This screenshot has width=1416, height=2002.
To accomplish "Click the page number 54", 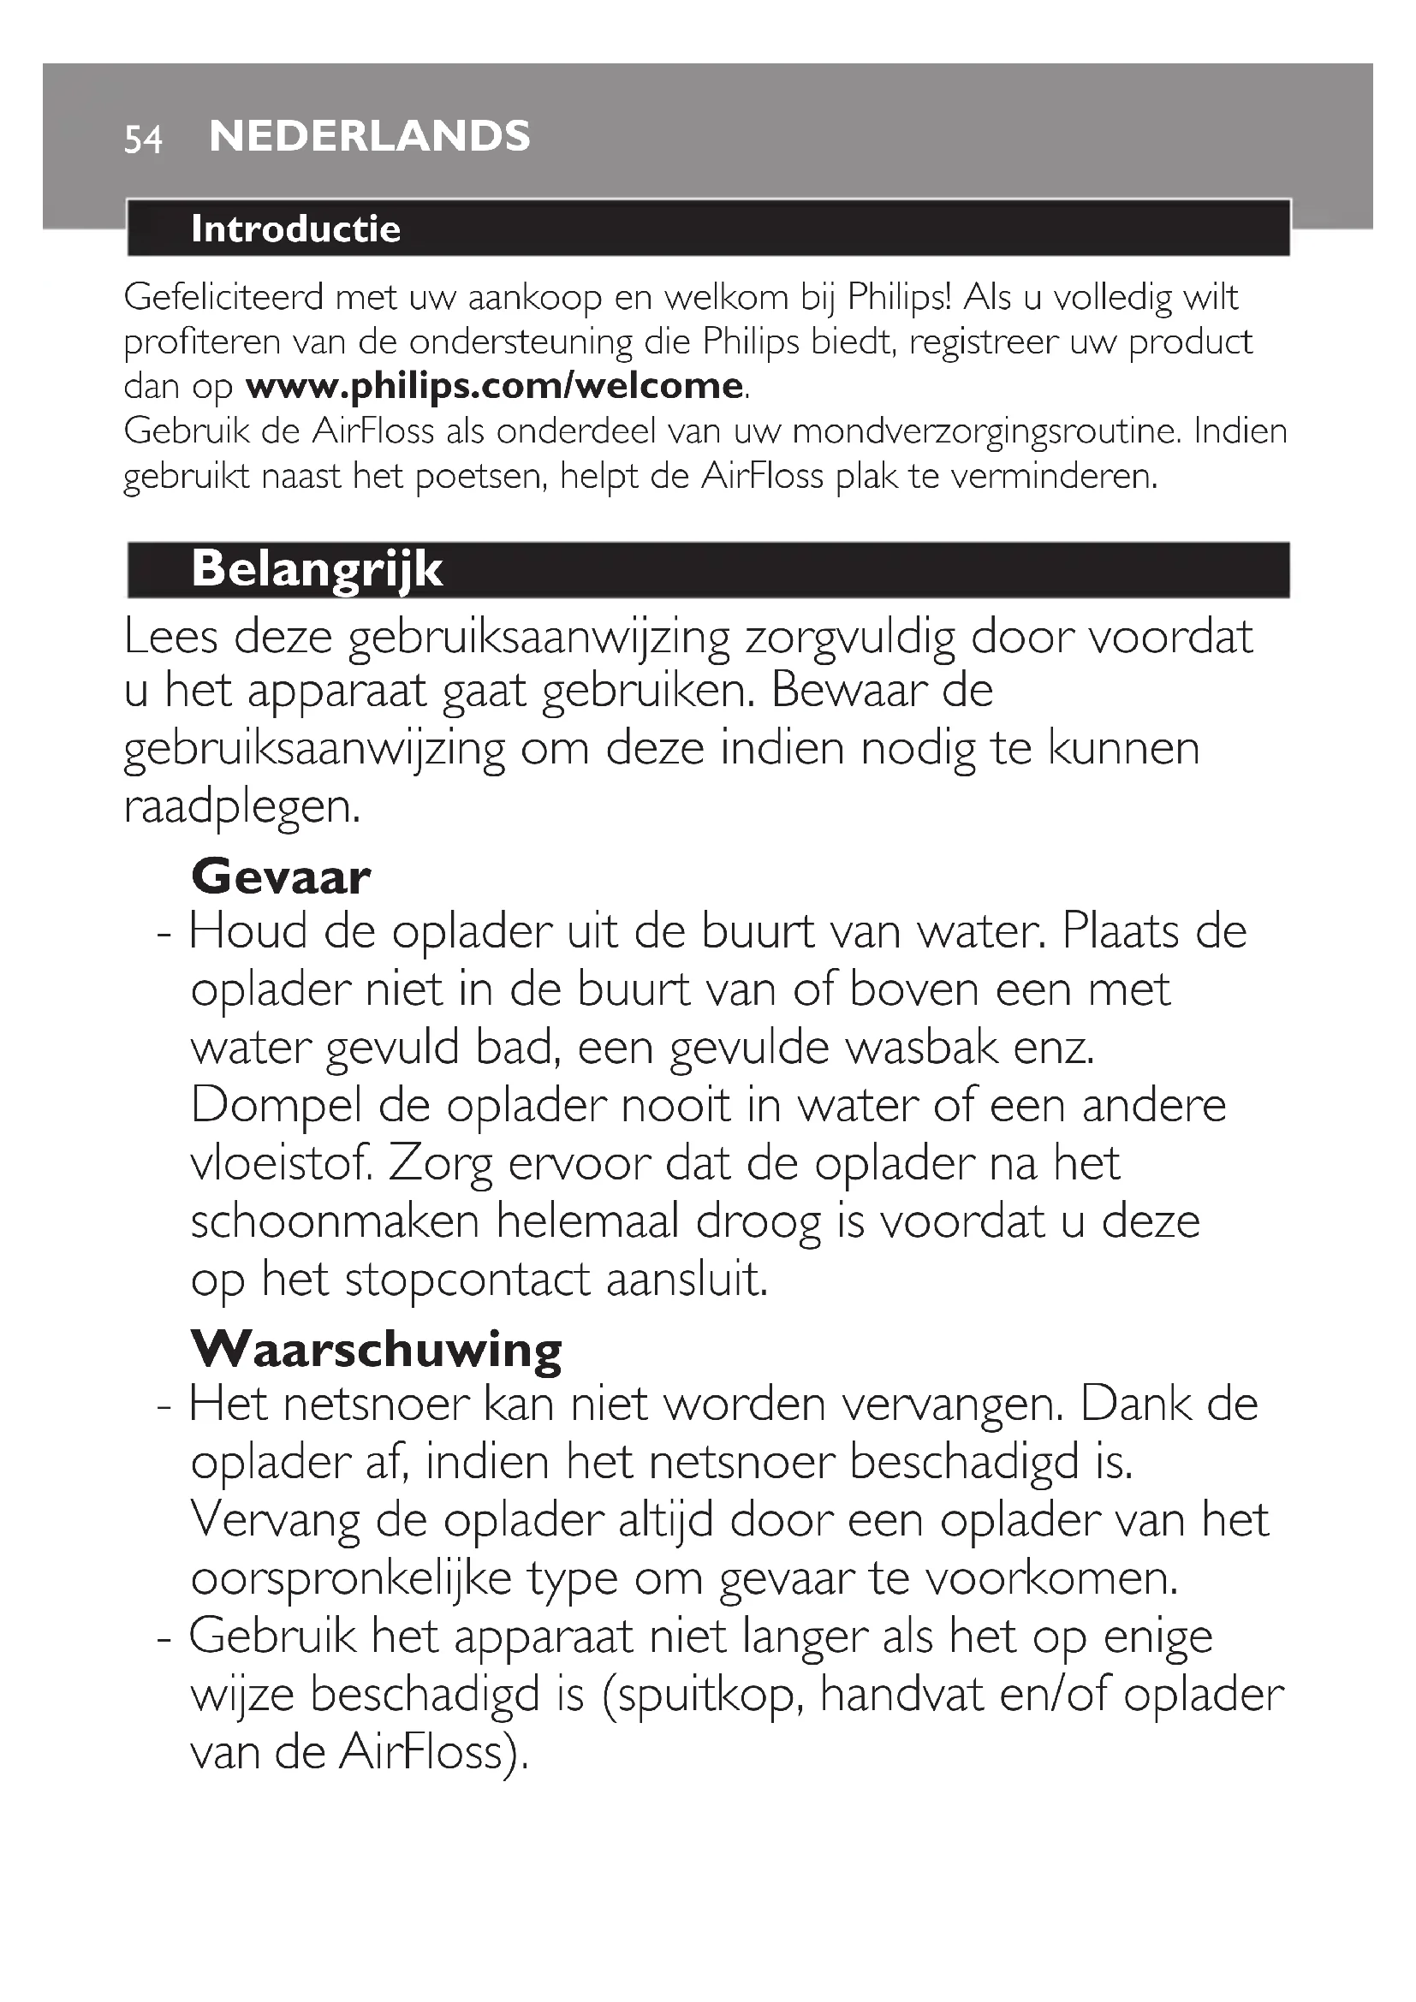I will pyautogui.click(x=143, y=140).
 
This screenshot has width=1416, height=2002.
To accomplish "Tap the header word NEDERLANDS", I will pyautogui.click(x=370, y=137).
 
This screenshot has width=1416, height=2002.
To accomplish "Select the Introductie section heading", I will pyautogui.click(x=295, y=229).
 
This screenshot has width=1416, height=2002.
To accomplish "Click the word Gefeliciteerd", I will pyautogui.click(x=224, y=298).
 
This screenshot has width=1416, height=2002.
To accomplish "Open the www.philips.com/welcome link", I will pyautogui.click(x=494, y=386).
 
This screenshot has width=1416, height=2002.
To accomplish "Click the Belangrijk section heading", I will pyautogui.click(x=317, y=569).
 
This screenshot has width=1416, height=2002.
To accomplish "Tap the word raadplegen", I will pyautogui.click(x=241, y=805).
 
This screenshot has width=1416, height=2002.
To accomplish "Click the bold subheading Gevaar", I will pyautogui.click(x=281, y=876).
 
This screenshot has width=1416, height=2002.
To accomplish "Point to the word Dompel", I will pyautogui.click(x=276, y=1107).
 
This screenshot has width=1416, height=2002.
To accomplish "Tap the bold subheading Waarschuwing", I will pyautogui.click(x=377, y=1350).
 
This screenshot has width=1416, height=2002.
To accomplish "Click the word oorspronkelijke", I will pyautogui.click(x=351, y=1578).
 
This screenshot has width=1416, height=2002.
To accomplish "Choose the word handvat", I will pyautogui.click(x=901, y=1694).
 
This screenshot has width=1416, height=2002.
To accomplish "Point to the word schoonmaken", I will pyautogui.click(x=335, y=1221).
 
